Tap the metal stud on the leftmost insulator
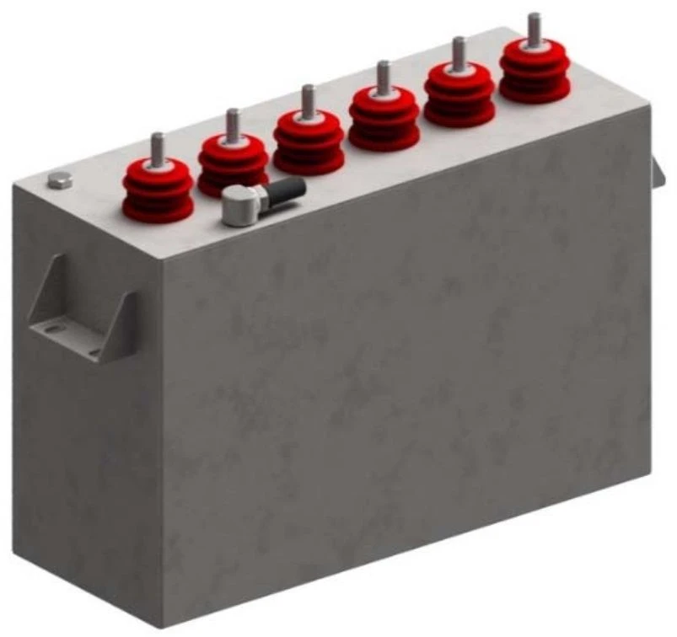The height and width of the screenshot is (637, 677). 157,147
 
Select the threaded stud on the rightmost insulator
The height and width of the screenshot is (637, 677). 533,25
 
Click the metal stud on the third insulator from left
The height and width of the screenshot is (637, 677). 309,99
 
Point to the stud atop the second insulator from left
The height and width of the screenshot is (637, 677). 233,122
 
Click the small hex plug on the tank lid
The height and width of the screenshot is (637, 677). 59,179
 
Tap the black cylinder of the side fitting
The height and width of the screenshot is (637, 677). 286,190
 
